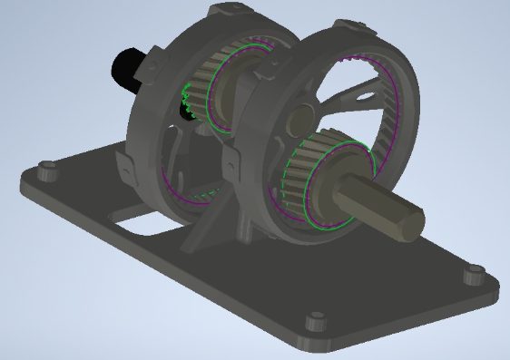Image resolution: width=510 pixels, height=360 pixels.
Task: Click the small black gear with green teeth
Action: pos(189,99)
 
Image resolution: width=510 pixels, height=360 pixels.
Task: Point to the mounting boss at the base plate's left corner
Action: pos(45,170)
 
